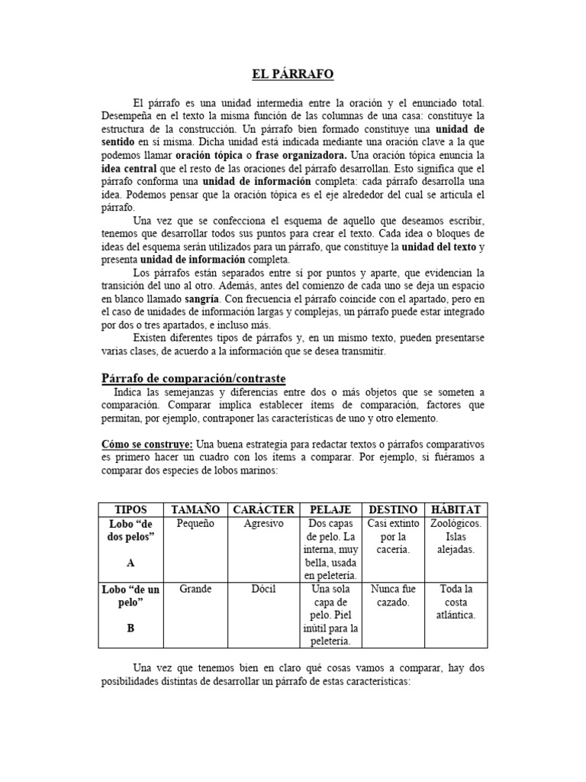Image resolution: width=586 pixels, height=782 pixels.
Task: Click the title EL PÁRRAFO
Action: click(x=293, y=74)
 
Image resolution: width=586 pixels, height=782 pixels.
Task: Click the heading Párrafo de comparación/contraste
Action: click(x=194, y=378)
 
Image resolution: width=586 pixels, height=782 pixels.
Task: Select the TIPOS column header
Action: click(x=131, y=509)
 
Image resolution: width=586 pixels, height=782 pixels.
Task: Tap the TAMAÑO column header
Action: click(x=195, y=509)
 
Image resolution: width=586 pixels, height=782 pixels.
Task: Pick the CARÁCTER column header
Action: click(x=263, y=509)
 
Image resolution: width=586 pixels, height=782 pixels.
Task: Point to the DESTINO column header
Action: click(x=393, y=509)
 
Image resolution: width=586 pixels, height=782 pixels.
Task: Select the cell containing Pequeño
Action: click(x=195, y=524)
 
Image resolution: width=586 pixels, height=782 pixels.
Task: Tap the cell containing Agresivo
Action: click(x=263, y=524)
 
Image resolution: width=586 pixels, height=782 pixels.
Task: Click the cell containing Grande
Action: click(x=195, y=589)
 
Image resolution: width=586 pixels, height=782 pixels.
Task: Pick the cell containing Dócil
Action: click(x=263, y=589)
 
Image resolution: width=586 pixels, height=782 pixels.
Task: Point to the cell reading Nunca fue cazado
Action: click(x=393, y=596)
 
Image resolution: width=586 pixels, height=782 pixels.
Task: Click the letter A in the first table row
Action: click(x=131, y=562)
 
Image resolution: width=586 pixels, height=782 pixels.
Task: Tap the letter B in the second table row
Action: click(x=131, y=628)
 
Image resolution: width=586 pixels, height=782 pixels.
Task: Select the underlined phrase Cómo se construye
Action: click(x=147, y=444)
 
